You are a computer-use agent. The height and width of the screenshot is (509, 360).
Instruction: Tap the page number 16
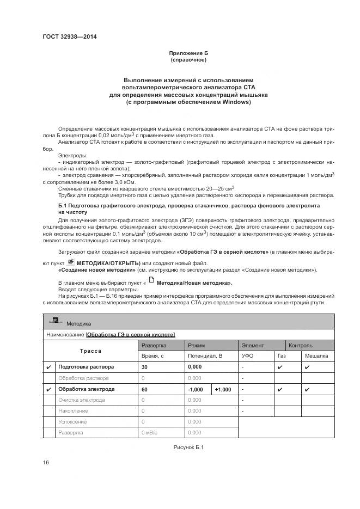[x=46, y=462]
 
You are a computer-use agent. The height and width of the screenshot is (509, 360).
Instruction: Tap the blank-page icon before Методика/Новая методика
[x=151, y=282]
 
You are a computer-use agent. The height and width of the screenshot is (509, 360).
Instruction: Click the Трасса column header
[x=91, y=351]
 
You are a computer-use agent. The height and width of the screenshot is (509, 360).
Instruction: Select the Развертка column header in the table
[x=154, y=345]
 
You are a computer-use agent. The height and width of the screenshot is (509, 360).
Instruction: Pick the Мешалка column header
[x=316, y=356]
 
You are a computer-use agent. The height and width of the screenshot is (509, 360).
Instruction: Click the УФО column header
[x=248, y=356]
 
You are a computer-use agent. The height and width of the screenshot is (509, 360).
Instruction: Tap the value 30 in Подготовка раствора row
[x=145, y=367]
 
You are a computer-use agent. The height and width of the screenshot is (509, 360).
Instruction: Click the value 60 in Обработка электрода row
[x=145, y=389]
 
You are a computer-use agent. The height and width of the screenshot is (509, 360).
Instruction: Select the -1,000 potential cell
[x=196, y=389]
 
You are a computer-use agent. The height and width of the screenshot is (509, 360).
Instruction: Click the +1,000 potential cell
[x=223, y=389]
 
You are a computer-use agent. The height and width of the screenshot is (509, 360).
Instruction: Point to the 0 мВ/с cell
[x=149, y=433]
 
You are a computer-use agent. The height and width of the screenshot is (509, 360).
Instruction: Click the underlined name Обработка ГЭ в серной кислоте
[x=131, y=334]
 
